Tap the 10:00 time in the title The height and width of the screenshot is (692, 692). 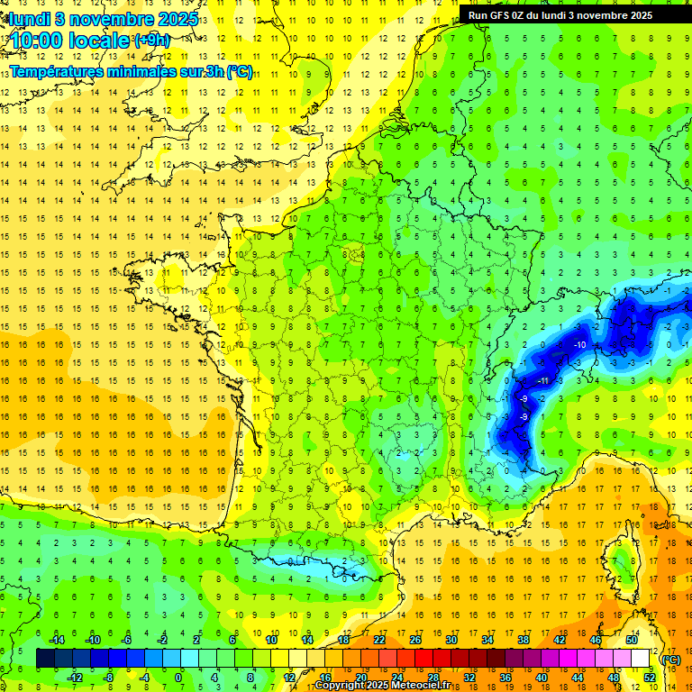[40, 41]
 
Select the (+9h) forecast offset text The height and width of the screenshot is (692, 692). [151, 41]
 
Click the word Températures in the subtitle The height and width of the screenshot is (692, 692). [61, 72]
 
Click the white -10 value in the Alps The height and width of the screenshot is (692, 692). [581, 345]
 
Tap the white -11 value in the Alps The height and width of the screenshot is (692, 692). [542, 381]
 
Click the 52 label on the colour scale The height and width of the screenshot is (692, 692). [649, 678]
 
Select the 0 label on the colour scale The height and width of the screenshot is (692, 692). [178, 678]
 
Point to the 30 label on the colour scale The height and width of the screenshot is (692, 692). [451, 640]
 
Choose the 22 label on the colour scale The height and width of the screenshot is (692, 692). [378, 640]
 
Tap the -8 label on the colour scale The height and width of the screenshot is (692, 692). [108, 678]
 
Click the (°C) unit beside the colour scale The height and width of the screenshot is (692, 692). [670, 660]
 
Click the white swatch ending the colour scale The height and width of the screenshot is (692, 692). [641, 659]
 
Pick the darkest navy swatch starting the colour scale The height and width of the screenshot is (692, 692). [45, 659]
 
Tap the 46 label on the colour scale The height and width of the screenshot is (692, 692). [595, 640]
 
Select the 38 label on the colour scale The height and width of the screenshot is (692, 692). [523, 640]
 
